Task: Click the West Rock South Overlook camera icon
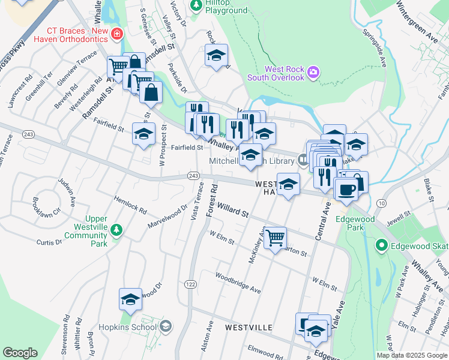coord(313,73)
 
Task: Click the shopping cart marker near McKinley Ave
coord(275,238)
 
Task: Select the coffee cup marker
coord(346,190)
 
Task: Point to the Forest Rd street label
coord(212,200)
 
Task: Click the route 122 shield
coord(191,284)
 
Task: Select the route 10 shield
coord(381,203)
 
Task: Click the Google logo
coord(20,353)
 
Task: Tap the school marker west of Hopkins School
coord(130,299)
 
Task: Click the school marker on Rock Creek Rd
coord(216,55)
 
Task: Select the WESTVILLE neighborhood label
coord(249,328)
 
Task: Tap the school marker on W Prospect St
coord(144,134)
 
